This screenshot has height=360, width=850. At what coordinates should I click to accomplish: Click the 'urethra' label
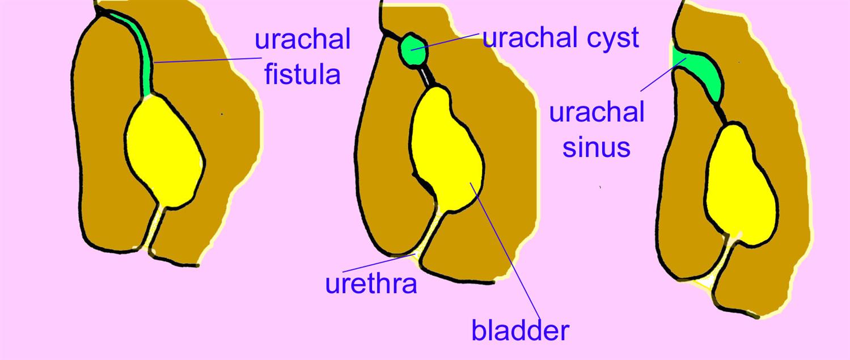tap(371, 283)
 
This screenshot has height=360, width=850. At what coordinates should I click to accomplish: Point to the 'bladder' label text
tap(520, 329)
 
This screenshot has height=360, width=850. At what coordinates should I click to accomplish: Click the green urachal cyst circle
tap(413, 49)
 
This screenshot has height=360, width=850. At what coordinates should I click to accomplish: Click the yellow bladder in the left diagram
tap(164, 152)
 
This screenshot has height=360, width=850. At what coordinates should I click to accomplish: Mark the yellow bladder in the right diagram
tap(740, 186)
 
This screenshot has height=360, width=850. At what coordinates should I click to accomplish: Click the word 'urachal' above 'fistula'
tap(302, 39)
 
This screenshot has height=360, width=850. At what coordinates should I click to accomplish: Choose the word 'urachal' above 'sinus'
tap(597, 112)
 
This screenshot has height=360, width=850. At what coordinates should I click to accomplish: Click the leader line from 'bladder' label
tap(505, 251)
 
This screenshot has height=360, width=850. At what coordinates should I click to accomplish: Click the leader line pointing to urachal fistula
tap(208, 60)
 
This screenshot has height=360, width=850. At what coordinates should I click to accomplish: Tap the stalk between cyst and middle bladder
tap(429, 76)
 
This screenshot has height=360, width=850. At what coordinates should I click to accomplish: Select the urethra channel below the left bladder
tap(157, 227)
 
